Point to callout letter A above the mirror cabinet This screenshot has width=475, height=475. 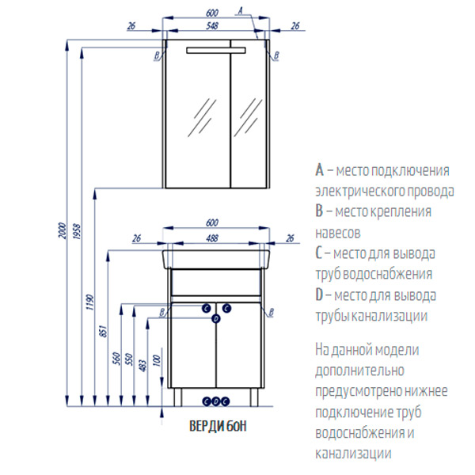pos(240,11)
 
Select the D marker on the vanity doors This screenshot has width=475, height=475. pos(216,318)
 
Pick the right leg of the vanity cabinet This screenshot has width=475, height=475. pos(254,397)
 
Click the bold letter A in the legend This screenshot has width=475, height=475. pos(319,170)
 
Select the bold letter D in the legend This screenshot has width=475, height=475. pos(319,295)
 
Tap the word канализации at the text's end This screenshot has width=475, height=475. pos(353,454)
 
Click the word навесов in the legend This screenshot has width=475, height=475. pos(338,233)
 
